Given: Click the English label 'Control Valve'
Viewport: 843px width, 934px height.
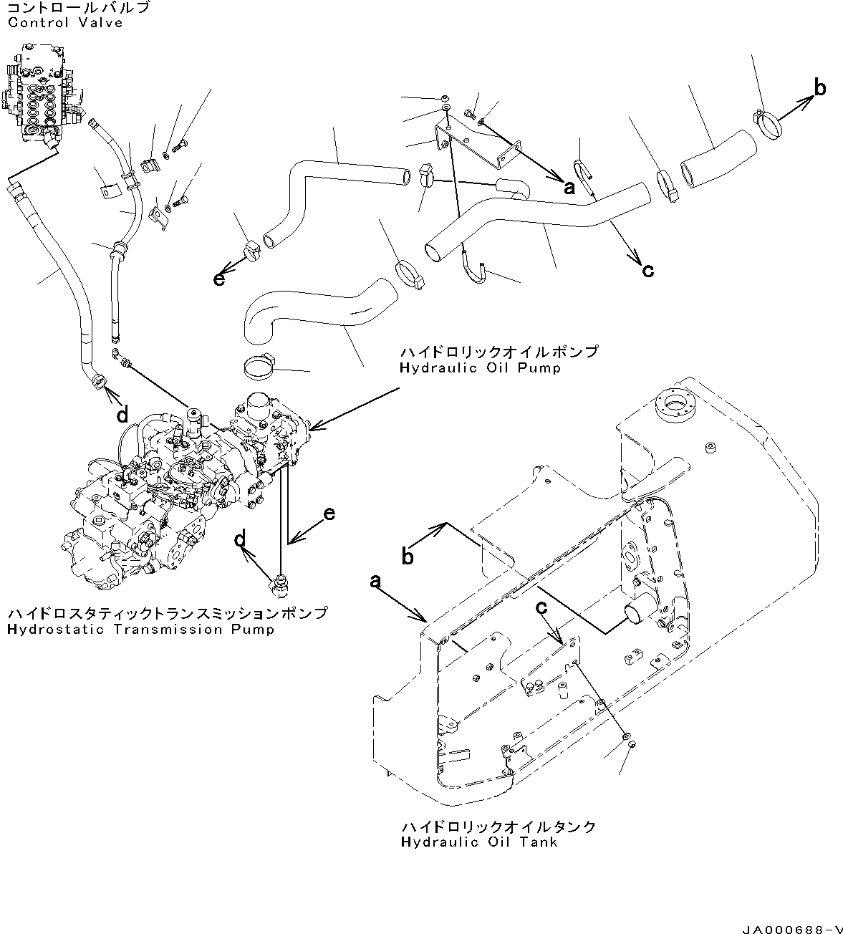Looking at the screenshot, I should coord(65,23).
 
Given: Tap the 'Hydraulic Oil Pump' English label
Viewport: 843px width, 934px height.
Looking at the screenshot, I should coord(480,368).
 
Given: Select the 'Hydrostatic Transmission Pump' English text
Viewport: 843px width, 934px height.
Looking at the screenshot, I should coord(140,630).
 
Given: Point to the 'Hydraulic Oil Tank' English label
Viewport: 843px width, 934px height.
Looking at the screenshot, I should coord(478,842).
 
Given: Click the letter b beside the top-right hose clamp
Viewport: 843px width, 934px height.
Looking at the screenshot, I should coord(820,89).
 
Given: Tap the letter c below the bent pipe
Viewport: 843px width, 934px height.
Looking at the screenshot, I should coord(647,270).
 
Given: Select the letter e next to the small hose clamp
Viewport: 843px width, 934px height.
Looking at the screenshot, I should coord(219,279).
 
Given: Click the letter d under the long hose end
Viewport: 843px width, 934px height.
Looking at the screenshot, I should coord(122,414).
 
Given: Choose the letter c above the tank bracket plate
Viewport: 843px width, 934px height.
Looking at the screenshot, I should coord(542,607).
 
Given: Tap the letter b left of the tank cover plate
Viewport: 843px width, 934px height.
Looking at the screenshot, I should coord(408,556).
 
